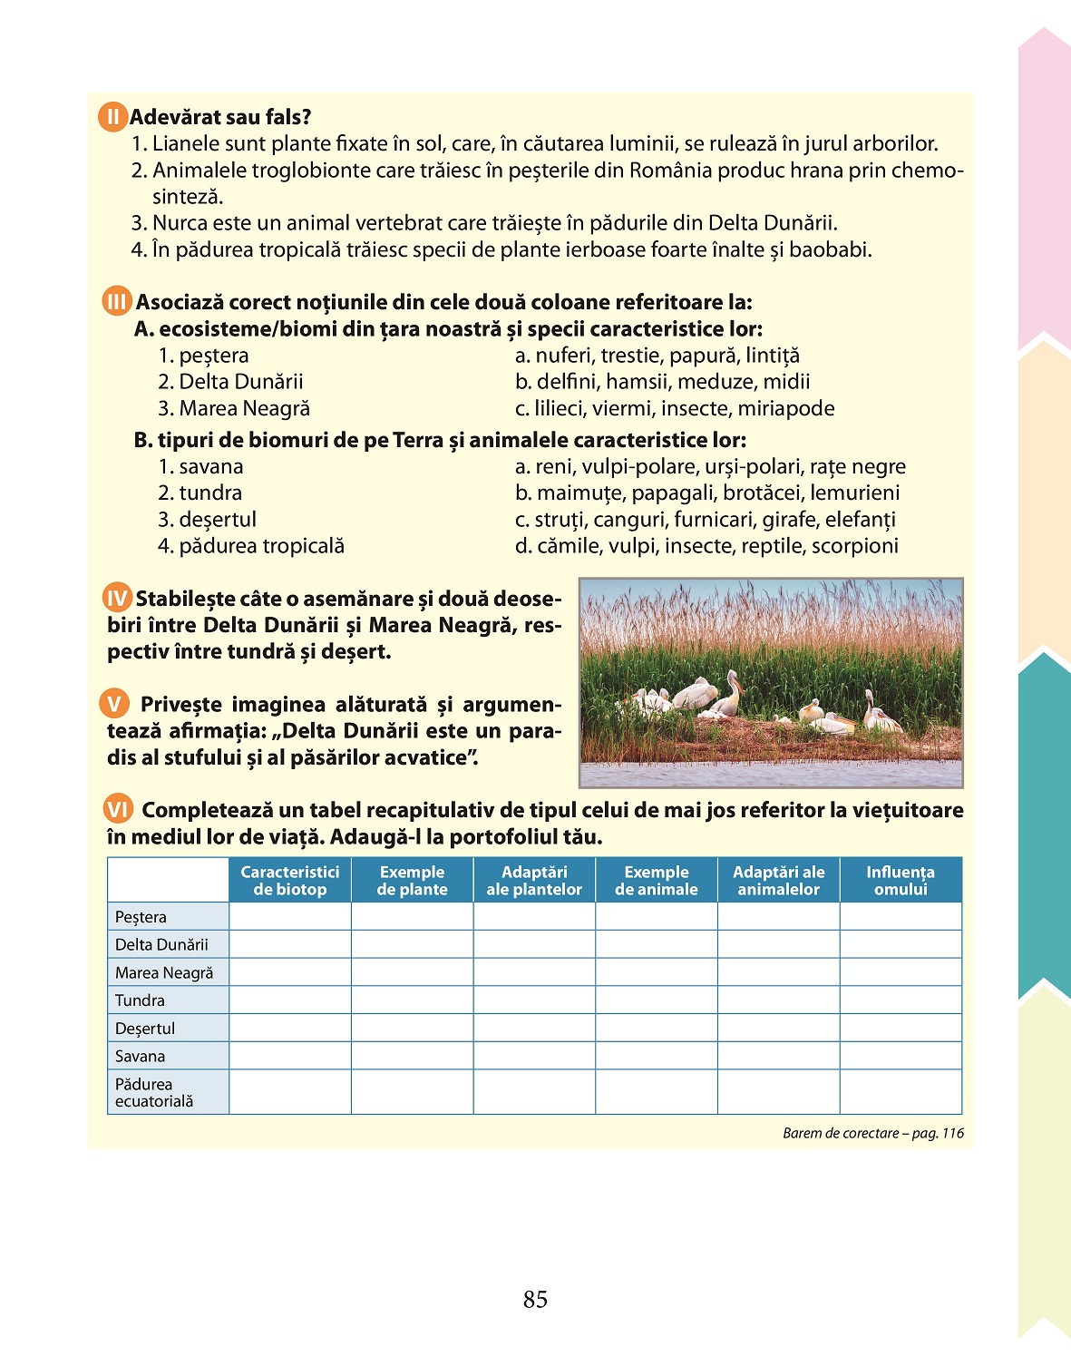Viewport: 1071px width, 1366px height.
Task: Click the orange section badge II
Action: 112,117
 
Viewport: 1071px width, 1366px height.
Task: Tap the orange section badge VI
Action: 118,809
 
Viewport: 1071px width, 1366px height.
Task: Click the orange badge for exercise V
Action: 114,704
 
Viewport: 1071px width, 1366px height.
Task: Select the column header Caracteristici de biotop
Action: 290,880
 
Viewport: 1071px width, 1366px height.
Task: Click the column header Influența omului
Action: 901,880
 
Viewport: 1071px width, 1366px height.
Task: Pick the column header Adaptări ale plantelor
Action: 534,880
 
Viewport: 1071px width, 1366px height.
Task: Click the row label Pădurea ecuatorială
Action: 154,1092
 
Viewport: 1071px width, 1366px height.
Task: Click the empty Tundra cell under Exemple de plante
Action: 413,1000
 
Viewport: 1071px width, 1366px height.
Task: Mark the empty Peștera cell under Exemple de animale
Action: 657,916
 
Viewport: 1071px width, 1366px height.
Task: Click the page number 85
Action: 535,1300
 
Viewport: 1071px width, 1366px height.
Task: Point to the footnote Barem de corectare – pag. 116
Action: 872,1133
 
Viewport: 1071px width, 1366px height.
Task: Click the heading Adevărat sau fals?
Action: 220,117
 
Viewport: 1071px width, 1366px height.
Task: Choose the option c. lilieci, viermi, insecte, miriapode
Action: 675,408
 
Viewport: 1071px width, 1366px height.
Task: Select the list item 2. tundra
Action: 200,493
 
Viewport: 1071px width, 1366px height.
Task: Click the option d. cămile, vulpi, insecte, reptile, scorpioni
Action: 706,545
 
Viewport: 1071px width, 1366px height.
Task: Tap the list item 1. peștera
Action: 204,356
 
